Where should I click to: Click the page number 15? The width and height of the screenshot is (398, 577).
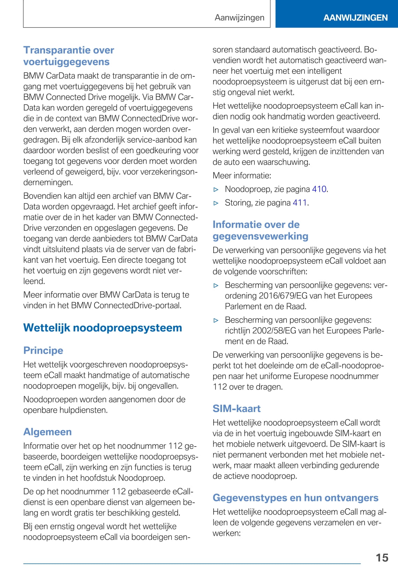[x=382, y=557]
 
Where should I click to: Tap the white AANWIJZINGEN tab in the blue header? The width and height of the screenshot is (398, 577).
[x=355, y=18]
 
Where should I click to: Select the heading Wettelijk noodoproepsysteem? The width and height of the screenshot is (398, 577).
[x=102, y=328]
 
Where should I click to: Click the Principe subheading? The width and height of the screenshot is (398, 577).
[x=43, y=350]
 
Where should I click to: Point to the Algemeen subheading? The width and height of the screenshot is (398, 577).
[x=47, y=432]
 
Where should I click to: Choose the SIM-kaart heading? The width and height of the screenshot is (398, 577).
[x=237, y=409]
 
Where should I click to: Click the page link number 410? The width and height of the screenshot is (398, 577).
[x=319, y=189]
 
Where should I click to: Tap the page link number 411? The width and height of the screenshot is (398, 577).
[x=300, y=203]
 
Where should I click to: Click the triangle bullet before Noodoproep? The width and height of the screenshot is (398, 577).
[x=216, y=189]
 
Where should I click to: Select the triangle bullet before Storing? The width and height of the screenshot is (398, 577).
[x=216, y=203]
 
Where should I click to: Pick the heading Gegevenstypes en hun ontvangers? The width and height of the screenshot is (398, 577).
[x=296, y=498]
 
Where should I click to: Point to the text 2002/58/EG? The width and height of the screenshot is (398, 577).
[x=274, y=330]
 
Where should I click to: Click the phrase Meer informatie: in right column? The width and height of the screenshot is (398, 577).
[x=242, y=175]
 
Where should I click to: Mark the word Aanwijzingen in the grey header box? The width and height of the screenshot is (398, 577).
[x=239, y=18]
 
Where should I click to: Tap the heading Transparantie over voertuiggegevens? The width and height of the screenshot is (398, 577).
[x=69, y=56]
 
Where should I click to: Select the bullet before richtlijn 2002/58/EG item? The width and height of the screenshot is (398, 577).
[x=216, y=320]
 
